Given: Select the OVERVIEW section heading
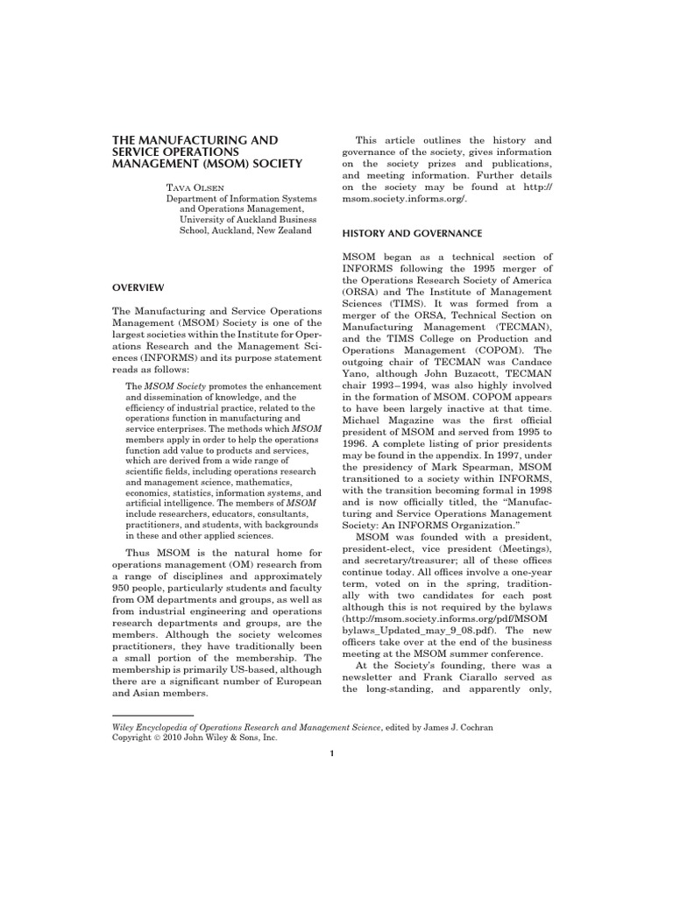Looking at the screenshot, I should (x=143, y=287).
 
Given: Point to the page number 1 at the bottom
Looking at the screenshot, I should (x=332, y=757).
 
